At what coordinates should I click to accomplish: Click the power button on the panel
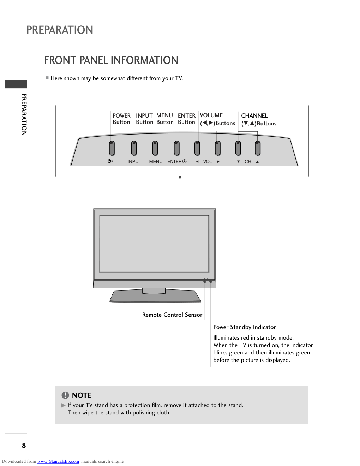[x=112, y=148]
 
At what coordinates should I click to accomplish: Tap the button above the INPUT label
[x=134, y=148]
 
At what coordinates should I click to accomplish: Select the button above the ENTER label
[x=177, y=148]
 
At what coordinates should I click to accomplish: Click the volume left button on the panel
[x=197, y=148]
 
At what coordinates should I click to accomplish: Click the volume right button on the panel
[x=218, y=148]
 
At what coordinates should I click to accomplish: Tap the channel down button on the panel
[x=238, y=148]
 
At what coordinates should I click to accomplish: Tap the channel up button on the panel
[x=258, y=148]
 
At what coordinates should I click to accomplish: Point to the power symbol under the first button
[x=111, y=161]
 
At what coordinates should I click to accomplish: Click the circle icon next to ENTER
[x=184, y=161]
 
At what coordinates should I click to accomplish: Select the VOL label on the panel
[x=208, y=162]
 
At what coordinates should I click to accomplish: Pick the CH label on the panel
[x=248, y=162]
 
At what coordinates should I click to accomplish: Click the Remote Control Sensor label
[x=172, y=315]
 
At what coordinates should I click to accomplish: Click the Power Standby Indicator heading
[x=245, y=327]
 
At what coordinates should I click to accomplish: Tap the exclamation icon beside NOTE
[x=65, y=395]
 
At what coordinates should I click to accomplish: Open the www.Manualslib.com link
[x=58, y=461]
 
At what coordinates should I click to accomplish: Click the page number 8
[x=24, y=446]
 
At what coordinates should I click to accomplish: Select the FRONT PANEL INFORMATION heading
[x=111, y=60]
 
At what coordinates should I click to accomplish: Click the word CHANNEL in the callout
[x=254, y=115]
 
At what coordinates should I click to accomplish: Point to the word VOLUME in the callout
[x=211, y=115]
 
